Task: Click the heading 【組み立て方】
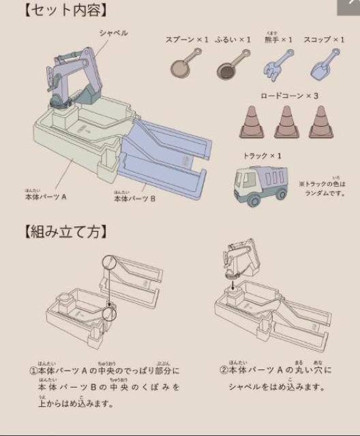[65, 232]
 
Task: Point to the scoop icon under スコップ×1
[320, 63]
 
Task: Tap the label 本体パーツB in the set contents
[134, 199]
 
